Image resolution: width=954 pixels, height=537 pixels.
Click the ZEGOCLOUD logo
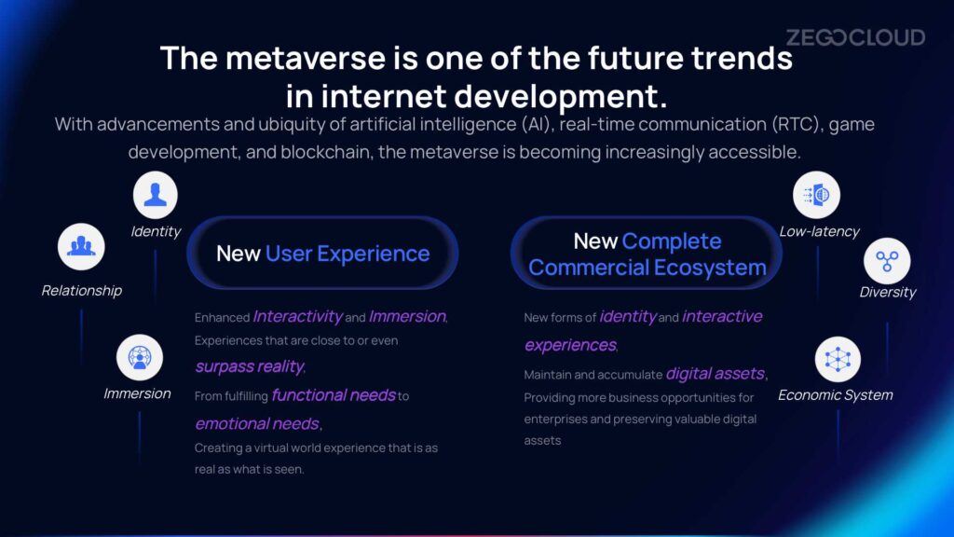(x=855, y=37)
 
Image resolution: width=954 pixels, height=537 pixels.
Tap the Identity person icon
(x=156, y=195)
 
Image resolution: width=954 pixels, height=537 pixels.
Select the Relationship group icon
(x=81, y=246)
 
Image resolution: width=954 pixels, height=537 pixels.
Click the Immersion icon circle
(x=140, y=357)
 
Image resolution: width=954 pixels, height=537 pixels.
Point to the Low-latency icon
(x=816, y=195)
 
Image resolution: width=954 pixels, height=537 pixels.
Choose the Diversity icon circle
(x=887, y=261)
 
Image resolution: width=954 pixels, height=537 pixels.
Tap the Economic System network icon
(x=838, y=359)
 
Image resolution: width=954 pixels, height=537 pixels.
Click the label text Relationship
(x=82, y=291)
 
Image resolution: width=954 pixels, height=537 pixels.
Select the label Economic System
(x=836, y=395)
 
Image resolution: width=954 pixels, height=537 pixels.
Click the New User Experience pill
(x=322, y=253)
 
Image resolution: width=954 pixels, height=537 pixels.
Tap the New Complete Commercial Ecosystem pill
(x=647, y=253)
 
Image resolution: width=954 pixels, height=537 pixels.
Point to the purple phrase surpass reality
(x=250, y=366)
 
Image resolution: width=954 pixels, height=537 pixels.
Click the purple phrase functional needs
(x=334, y=395)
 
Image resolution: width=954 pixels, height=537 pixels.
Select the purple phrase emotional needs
(x=257, y=423)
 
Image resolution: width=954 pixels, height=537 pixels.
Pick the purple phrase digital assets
(x=715, y=373)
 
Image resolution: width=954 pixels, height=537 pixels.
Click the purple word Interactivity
(x=297, y=317)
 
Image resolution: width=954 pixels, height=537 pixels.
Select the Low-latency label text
(x=819, y=231)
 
